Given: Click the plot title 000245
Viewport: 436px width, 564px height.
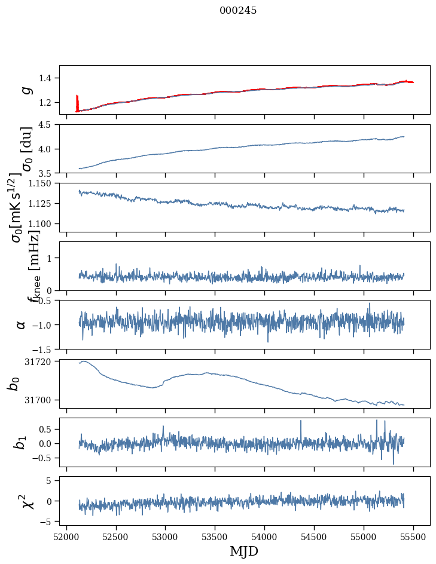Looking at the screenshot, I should tap(238, 11).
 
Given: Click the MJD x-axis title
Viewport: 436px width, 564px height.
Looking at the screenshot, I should tap(244, 551).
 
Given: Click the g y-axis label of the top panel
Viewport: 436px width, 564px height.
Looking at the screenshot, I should tap(25, 90).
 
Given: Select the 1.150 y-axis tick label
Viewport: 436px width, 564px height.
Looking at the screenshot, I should tap(42, 183).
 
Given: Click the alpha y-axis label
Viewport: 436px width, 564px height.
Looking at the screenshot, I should tap(22, 324).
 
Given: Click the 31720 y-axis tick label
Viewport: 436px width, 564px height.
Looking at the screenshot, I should tap(40, 361).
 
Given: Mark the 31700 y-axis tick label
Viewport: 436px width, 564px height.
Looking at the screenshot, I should tap(40, 400).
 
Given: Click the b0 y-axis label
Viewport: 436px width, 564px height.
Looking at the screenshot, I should tap(13, 384).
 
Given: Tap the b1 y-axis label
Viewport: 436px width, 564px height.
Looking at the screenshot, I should tap(21, 443).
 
